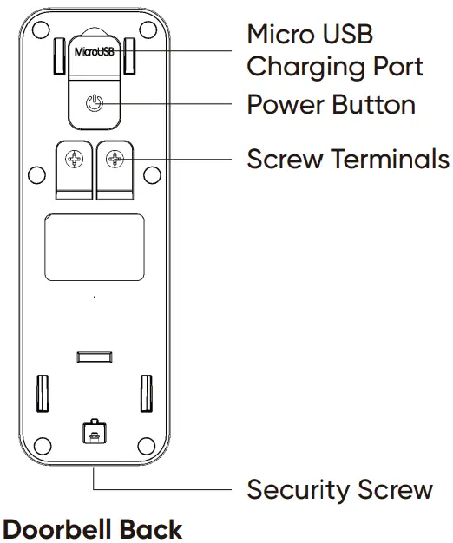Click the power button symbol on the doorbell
click(95, 103)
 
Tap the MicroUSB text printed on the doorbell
click(95, 52)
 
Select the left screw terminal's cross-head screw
click(74, 160)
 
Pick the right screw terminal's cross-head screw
click(115, 160)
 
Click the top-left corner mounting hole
click(41, 29)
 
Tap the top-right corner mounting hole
click(148, 29)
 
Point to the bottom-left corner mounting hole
click(43, 446)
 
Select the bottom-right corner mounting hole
click(147, 446)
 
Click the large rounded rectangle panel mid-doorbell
click(95, 247)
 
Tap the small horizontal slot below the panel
click(95, 357)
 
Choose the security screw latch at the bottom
click(95, 431)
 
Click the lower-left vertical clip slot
click(43, 394)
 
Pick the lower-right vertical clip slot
click(146, 394)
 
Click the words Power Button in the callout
click(332, 104)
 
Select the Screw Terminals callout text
click(348, 159)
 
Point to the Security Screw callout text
click(340, 490)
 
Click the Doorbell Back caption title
click(93, 529)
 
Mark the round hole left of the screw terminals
click(36, 175)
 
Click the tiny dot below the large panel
click(95, 297)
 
